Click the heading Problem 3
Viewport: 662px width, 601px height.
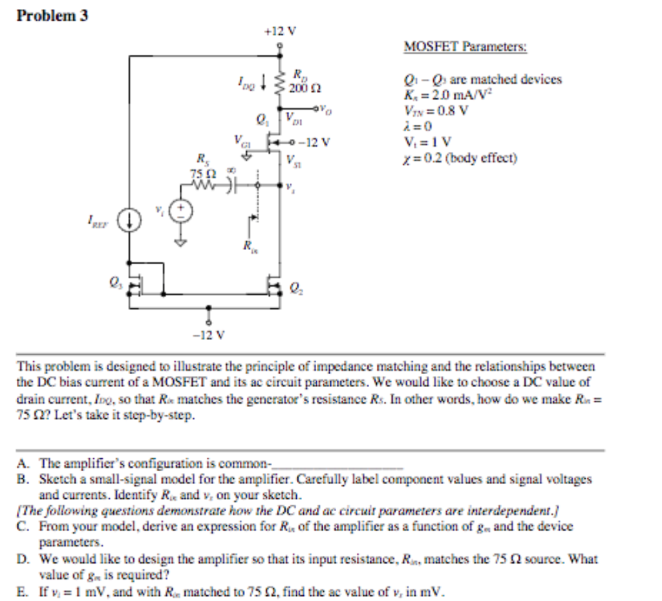coord(52,16)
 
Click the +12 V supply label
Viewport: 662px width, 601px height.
coord(280,30)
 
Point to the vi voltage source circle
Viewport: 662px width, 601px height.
coord(182,209)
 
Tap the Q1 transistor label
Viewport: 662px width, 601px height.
coord(261,119)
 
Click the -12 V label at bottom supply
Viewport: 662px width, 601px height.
coord(208,335)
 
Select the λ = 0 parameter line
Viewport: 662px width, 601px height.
coord(414,126)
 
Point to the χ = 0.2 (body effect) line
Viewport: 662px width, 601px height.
coord(460,157)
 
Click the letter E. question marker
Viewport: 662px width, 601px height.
coord(23,589)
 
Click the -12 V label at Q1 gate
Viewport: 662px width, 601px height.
coord(317,142)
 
